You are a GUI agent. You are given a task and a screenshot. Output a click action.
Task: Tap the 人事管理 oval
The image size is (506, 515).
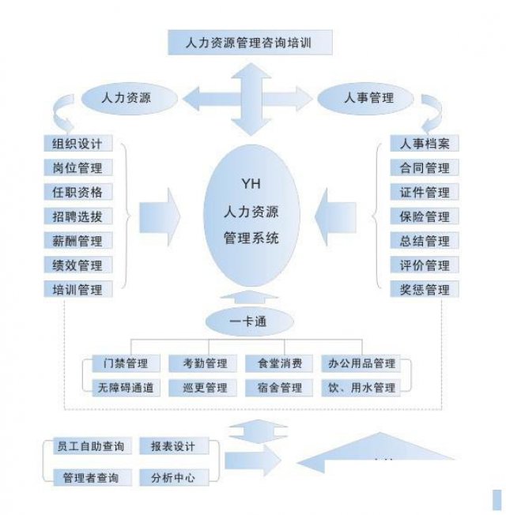(368, 98)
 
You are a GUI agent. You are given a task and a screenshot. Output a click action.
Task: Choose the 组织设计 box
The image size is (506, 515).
(77, 144)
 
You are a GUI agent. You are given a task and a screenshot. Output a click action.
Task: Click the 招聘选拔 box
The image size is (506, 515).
(77, 216)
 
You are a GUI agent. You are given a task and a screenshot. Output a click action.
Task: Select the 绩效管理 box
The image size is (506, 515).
(77, 265)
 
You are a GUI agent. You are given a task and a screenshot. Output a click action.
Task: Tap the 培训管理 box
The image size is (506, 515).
(77, 290)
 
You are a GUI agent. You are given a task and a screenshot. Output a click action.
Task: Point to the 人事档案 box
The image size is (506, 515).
(425, 144)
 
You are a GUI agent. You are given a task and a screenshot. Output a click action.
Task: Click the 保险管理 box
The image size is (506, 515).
(425, 216)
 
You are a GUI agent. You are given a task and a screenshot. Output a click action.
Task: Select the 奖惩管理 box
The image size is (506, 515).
(425, 290)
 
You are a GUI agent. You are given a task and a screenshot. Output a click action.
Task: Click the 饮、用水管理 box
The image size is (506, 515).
(361, 388)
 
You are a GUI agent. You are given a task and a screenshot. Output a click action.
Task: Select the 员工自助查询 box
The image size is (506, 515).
(89, 447)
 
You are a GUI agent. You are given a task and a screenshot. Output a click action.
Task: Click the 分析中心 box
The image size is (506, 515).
(178, 478)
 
